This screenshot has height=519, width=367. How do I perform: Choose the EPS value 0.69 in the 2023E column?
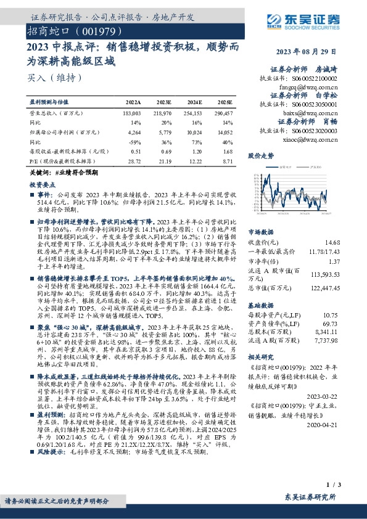click(x=166, y=150)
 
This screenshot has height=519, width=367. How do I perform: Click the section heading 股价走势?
click(x=260, y=157)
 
